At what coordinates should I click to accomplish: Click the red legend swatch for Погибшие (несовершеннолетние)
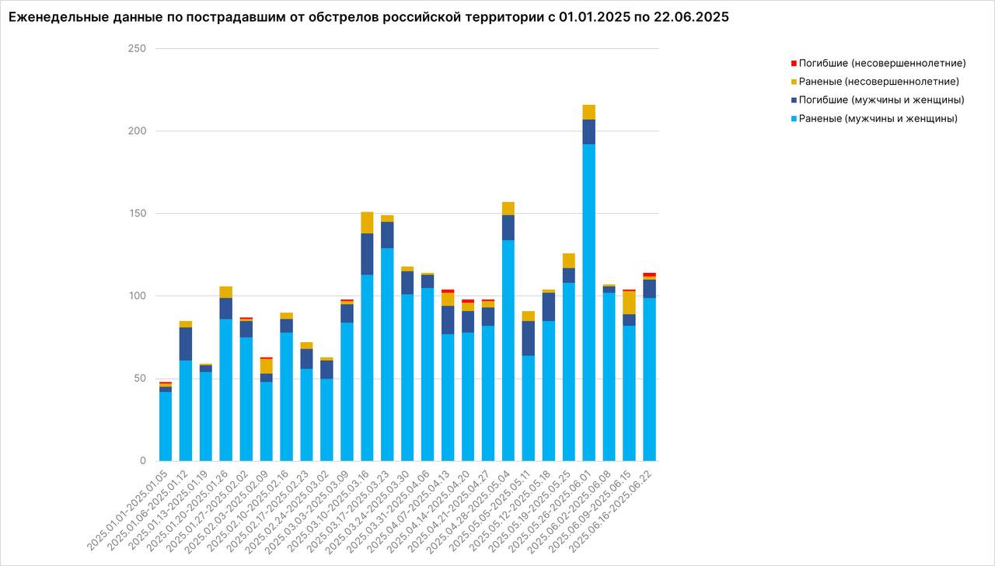[794, 63]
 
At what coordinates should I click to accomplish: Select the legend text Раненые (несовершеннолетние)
[878, 82]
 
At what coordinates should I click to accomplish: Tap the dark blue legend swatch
[794, 100]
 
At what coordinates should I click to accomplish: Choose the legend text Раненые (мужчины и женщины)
[878, 119]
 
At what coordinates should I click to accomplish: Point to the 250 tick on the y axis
[138, 49]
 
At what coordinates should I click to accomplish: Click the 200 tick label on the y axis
[138, 131]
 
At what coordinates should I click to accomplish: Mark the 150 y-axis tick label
[138, 214]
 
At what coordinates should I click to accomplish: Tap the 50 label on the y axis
[140, 379]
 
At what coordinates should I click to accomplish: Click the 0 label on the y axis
[143, 461]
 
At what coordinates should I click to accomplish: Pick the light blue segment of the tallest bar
[589, 303]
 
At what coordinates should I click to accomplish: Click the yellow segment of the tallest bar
[589, 112]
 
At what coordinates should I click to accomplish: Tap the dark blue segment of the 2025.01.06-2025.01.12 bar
[186, 344]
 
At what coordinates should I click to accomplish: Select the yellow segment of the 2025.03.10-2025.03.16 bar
[367, 222]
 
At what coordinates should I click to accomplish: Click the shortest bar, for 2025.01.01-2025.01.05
[166, 424]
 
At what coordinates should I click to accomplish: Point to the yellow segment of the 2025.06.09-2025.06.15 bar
[630, 302]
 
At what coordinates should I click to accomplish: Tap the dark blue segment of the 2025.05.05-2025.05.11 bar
[529, 338]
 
